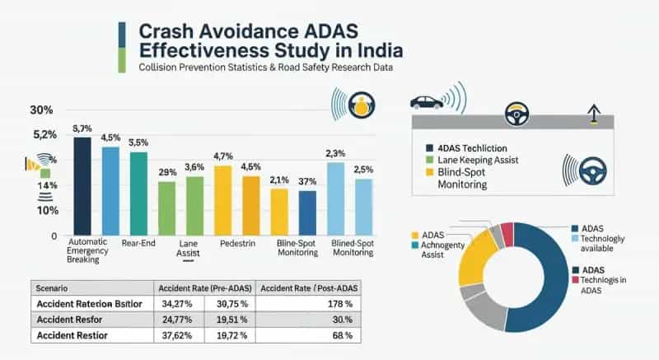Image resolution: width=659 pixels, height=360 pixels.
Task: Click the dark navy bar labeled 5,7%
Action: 82,185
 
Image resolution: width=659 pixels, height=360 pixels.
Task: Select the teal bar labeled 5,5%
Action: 138,193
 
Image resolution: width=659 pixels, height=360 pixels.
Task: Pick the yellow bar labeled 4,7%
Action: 222,199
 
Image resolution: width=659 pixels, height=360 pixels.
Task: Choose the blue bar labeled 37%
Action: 307,213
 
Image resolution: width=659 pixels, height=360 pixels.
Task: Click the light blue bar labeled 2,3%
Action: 335,199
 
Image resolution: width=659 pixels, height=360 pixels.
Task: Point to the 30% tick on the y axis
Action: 41,110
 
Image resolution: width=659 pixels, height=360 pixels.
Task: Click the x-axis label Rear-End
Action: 138,243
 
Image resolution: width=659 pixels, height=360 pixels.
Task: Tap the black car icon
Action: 427,102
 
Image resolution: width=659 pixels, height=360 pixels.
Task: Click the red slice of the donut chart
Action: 508,235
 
